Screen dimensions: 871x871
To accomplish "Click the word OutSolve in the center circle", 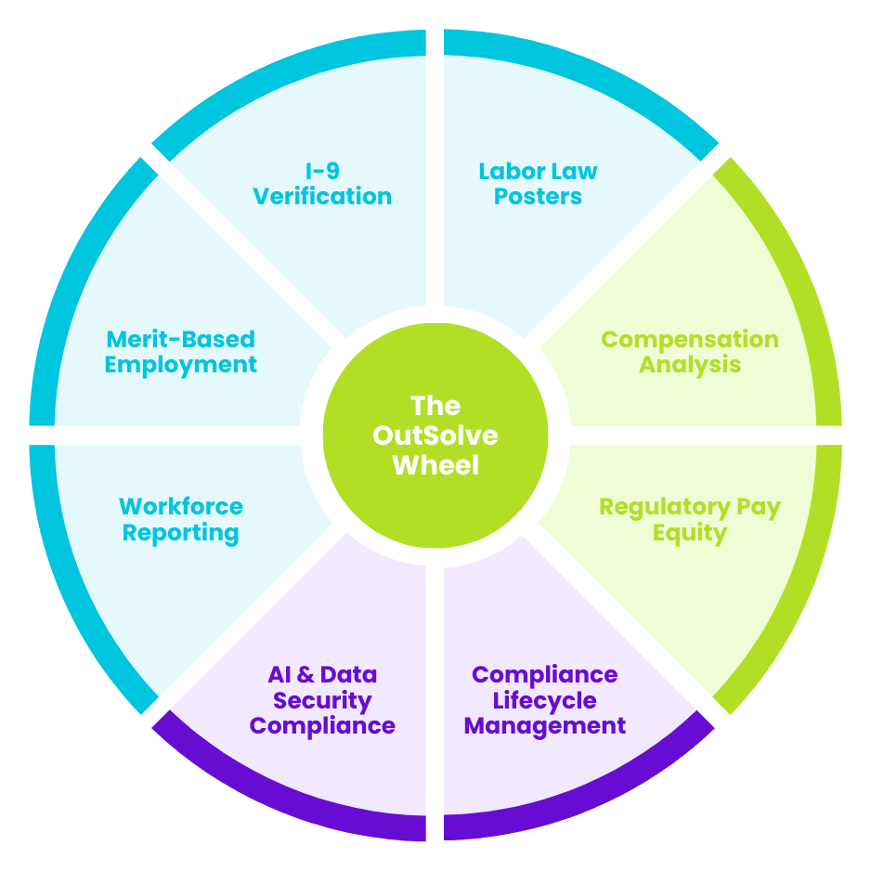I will pyautogui.click(x=435, y=435).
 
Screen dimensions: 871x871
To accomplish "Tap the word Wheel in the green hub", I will pyautogui.click(x=435, y=464).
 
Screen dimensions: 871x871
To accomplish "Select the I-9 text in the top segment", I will pyautogui.click(x=322, y=172).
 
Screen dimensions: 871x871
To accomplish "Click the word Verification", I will pyautogui.click(x=322, y=197).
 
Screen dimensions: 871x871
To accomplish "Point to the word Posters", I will pyautogui.click(x=538, y=197).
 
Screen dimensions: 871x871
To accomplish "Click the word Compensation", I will pyautogui.click(x=690, y=339).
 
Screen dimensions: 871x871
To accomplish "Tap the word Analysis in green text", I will pyautogui.click(x=690, y=364).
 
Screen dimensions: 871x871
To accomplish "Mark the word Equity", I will pyautogui.click(x=690, y=532).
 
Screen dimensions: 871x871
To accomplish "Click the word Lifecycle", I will pyautogui.click(x=544, y=700).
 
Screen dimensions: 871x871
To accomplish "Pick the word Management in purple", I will pyautogui.click(x=544, y=725).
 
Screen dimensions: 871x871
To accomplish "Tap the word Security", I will pyautogui.click(x=322, y=700).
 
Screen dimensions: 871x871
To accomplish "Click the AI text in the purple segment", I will pyautogui.click(x=281, y=675).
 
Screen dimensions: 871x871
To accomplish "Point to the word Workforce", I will pyautogui.click(x=181, y=507).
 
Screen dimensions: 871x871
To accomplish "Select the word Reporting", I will pyautogui.click(x=181, y=532).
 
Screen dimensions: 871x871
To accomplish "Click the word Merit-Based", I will pyautogui.click(x=181, y=339).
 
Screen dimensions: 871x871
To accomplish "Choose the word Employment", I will pyautogui.click(x=181, y=364).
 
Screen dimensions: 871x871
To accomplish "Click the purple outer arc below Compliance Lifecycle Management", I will pyautogui.click(x=594, y=799).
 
